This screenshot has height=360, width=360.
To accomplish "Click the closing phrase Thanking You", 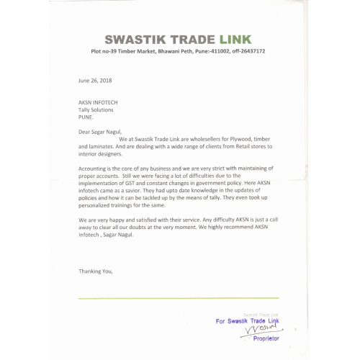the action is [x=94, y=271].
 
